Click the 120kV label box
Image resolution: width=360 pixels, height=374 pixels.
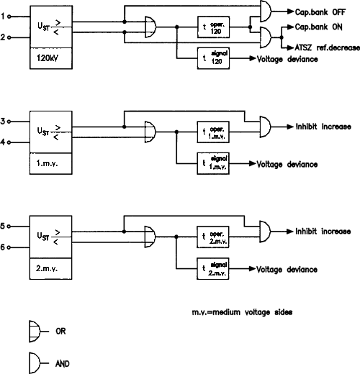(51, 58)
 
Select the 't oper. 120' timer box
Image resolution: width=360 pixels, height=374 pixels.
(213, 27)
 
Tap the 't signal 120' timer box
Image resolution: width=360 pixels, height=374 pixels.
(213, 58)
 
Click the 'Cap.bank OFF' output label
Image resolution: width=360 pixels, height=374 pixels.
(320, 12)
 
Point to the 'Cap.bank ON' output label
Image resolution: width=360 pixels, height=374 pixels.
(318, 27)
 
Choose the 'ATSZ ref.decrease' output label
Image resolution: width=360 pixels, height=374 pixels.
(328, 47)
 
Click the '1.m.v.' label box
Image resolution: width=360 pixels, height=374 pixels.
(51, 163)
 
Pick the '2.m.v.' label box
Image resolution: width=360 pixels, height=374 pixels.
(50, 268)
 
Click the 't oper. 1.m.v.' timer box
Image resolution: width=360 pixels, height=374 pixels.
(213, 132)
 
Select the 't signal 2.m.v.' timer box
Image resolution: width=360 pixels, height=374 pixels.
(213, 268)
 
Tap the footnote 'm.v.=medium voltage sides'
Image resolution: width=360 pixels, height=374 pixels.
(242, 312)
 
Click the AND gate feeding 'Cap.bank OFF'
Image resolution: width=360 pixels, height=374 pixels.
(266, 12)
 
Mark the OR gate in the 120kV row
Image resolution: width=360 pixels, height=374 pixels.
(150, 27)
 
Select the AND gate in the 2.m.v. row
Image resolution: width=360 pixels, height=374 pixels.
(265, 232)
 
